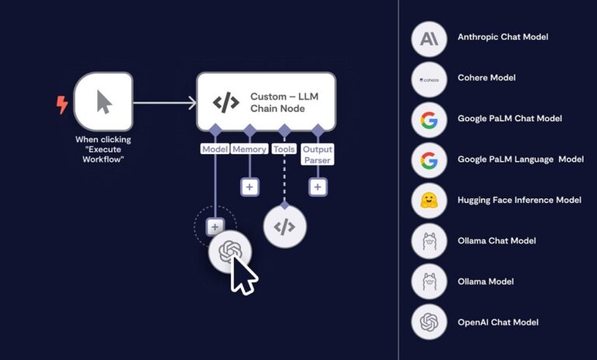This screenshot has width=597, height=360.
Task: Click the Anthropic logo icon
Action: tap(429, 37)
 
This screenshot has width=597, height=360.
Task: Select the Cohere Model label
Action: tap(486, 78)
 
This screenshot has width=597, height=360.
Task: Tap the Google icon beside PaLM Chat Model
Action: tap(429, 119)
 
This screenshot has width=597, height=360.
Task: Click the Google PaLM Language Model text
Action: tap(520, 159)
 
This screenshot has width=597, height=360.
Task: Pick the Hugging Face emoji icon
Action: tap(429, 200)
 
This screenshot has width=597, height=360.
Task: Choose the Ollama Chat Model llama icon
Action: tap(429, 241)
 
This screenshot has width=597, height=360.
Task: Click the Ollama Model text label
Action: tap(485, 281)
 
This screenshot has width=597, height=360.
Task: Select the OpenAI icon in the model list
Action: tap(429, 322)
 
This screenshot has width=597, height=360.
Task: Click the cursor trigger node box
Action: tap(103, 101)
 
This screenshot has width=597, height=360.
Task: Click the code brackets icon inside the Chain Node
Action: tap(225, 102)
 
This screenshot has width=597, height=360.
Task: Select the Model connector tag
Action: tap(215, 149)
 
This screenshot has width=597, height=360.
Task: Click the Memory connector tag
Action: tap(250, 149)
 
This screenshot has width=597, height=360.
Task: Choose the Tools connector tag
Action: tap(285, 149)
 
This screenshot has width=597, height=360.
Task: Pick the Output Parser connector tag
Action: tap(317, 154)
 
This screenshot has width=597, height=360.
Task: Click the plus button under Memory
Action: tap(250, 187)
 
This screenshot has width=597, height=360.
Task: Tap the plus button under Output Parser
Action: tap(317, 187)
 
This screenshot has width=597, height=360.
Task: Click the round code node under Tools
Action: tap(285, 226)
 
